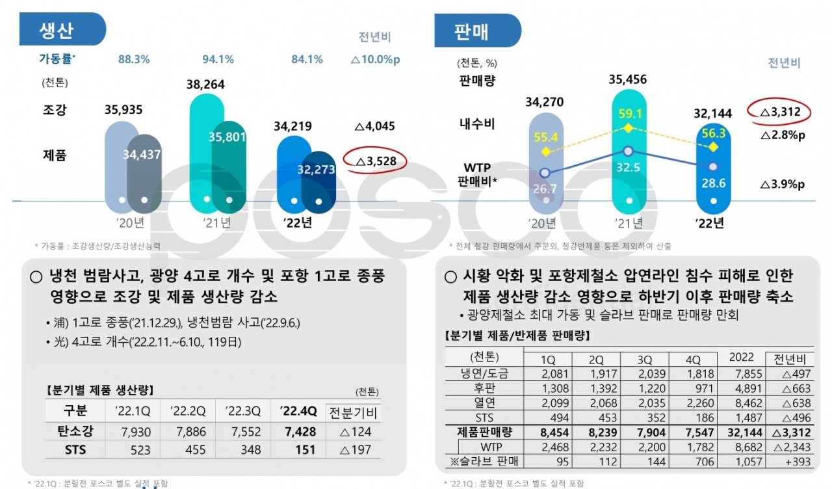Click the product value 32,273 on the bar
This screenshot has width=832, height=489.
pyautogui.click(x=316, y=170)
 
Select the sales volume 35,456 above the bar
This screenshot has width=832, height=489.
pyautogui.click(x=628, y=80)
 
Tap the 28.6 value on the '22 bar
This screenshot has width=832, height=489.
pyautogui.click(x=714, y=183)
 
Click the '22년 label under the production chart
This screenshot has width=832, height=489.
pyautogui.click(x=298, y=222)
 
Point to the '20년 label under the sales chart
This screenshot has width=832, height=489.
pyautogui.click(x=543, y=224)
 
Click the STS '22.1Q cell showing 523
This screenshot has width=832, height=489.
pyautogui.click(x=135, y=450)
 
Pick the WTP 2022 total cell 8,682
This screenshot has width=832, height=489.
pyautogui.click(x=742, y=447)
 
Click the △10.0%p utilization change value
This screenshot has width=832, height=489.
pyautogui.click(x=375, y=59)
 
